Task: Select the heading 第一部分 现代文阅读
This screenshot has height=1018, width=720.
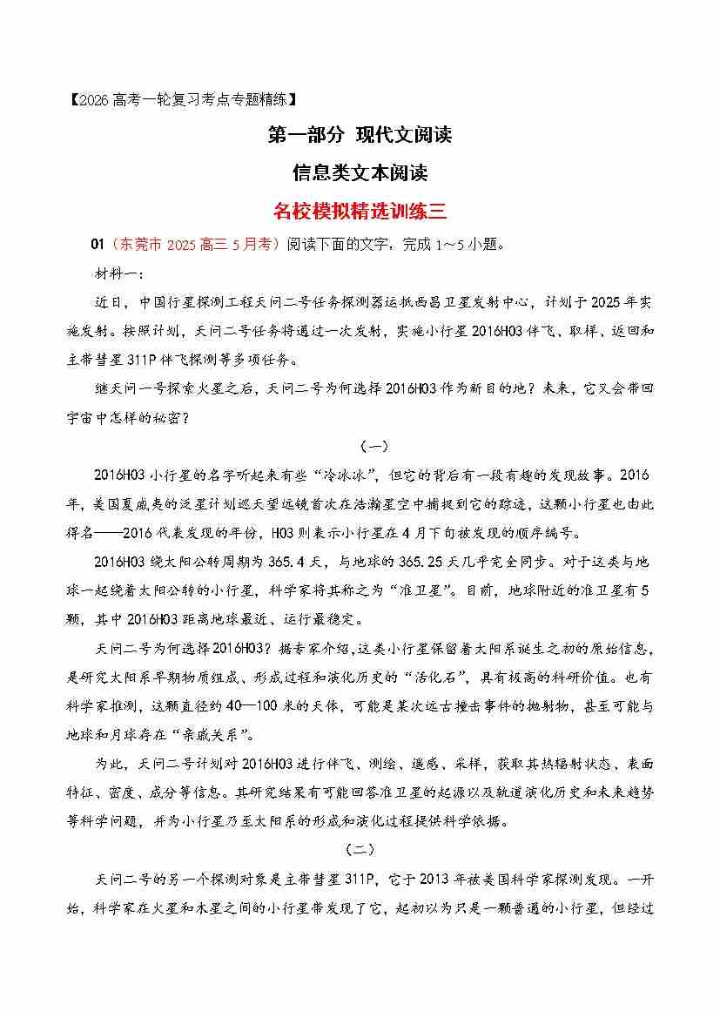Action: coord(360,135)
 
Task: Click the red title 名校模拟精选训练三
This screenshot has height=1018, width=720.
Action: coord(360,211)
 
